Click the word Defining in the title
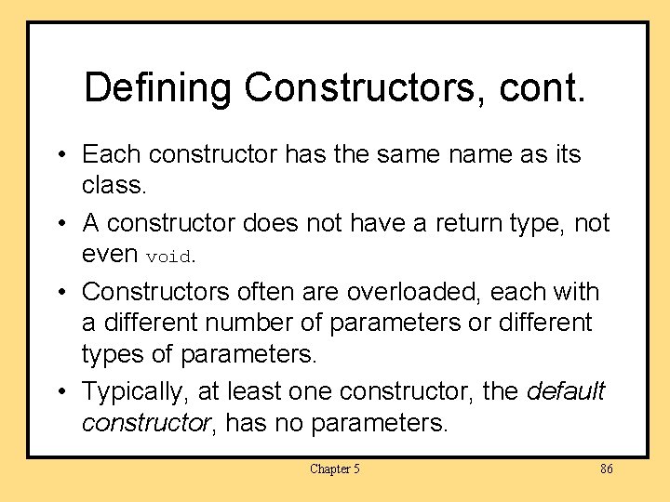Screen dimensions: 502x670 pos(157,88)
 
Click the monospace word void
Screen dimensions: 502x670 pos(168,256)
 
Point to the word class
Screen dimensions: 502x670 pos(114,185)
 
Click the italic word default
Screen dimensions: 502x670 pos(566,391)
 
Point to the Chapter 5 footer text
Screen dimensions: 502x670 pos(335,469)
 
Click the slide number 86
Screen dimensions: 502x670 pos(606,469)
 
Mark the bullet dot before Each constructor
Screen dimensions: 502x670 pos(60,154)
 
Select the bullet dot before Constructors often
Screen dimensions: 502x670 pos(60,293)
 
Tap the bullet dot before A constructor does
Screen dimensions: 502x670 pos(60,224)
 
